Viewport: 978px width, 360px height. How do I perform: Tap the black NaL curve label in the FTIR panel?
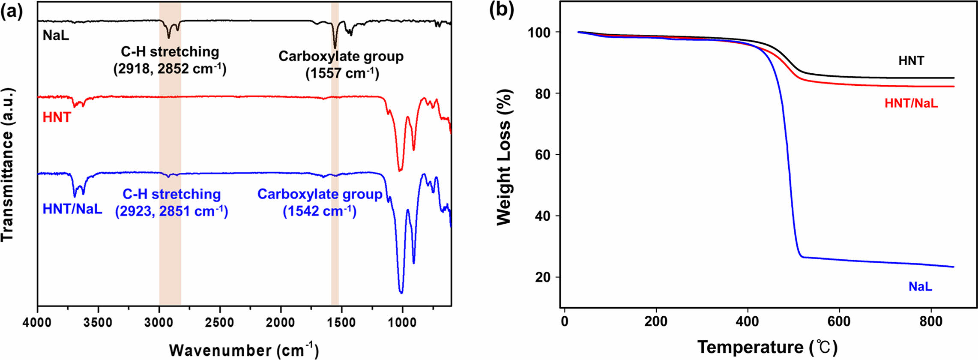56,35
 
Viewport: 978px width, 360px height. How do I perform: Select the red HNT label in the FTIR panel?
57,117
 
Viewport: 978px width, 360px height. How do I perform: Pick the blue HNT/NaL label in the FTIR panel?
72,209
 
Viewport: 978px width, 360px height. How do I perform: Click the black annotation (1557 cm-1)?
342,73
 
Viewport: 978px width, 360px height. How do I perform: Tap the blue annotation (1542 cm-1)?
320,211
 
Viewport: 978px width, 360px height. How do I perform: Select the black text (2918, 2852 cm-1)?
170,69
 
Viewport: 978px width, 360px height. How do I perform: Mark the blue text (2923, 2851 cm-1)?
171,211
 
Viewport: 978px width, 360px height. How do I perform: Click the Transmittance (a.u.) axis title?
8,165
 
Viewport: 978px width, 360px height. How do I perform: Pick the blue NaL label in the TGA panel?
920,287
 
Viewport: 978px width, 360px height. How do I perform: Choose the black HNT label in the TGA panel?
911,61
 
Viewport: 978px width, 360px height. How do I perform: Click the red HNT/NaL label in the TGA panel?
911,103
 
